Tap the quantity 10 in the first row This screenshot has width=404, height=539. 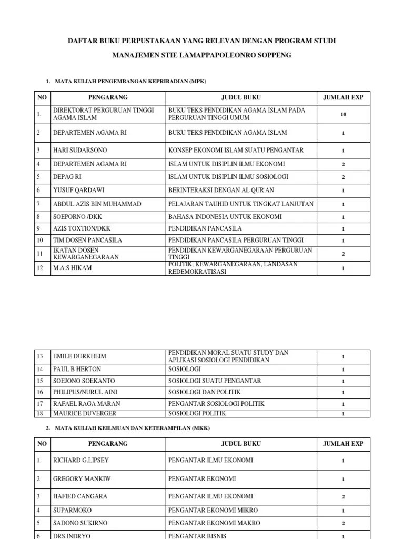[x=343, y=114]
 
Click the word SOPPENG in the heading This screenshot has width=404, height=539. [x=273, y=55]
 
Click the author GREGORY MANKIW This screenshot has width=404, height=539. [x=82, y=479]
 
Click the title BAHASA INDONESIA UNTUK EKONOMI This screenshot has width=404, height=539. [x=225, y=217]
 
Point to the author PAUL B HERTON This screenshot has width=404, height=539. [x=77, y=369]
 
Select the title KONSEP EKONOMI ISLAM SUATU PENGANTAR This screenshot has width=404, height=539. [x=236, y=151]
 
